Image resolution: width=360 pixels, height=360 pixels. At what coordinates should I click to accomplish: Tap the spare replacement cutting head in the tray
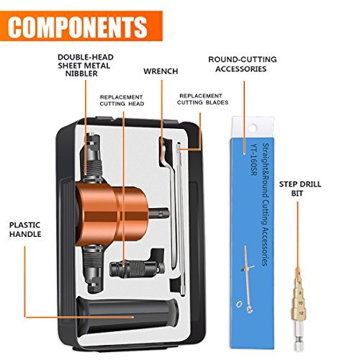134,270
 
